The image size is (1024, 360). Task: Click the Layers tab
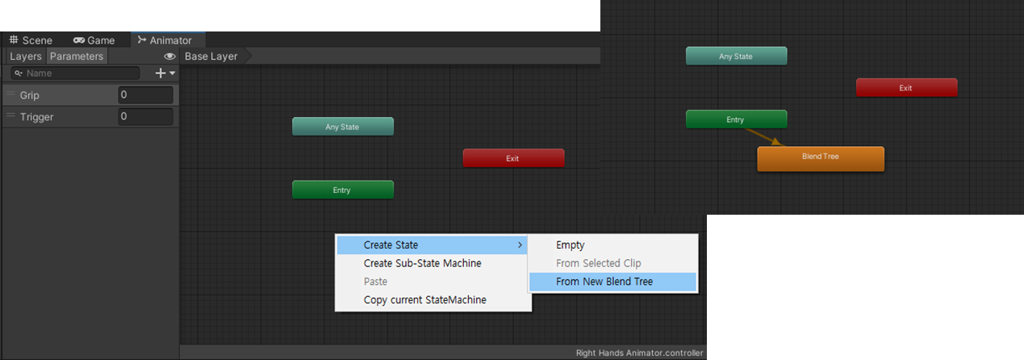pos(25,57)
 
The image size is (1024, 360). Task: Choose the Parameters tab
pos(77,57)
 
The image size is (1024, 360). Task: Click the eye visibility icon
pos(169,57)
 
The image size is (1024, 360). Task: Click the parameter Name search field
pos(77,73)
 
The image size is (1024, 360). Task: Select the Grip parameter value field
pos(145,95)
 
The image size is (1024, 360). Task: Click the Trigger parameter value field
pos(145,117)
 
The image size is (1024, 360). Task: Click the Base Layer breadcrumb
pos(211,57)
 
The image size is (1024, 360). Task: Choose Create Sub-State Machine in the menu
pos(422,263)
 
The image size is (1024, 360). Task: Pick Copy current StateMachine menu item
pos(424,300)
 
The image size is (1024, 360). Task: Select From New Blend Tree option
pos(604,282)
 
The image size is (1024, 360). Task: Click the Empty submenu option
pos(570,245)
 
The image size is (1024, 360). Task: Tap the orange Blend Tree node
pos(820,158)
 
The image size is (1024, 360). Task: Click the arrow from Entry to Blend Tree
pos(763,137)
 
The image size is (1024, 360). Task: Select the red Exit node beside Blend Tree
pos(906,87)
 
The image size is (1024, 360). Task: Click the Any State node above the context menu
pos(342,127)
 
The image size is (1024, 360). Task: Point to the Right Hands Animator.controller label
pos(639,353)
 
